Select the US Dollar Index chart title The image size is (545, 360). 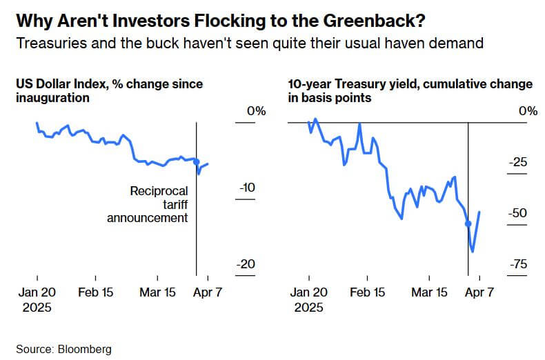click(x=109, y=91)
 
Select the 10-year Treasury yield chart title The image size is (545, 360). click(x=410, y=91)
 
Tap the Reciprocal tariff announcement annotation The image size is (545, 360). click(x=159, y=204)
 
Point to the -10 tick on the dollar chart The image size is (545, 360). click(x=246, y=188)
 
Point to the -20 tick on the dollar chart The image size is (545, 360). click(x=246, y=265)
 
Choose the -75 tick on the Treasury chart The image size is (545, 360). click(x=518, y=265)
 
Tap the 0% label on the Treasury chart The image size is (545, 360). click(x=528, y=111)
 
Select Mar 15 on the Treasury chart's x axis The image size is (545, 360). click(x=429, y=292)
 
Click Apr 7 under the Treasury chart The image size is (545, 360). click(x=480, y=292)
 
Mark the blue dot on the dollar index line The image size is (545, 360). click(x=197, y=163)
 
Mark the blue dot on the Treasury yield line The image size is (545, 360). click(x=468, y=223)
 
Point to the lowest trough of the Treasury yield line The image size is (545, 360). click(x=473, y=251)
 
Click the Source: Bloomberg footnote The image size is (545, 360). click(x=63, y=349)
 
